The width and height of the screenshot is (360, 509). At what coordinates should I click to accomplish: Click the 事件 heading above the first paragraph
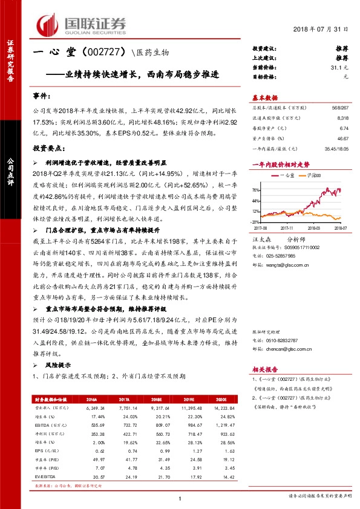[x=42, y=96]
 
